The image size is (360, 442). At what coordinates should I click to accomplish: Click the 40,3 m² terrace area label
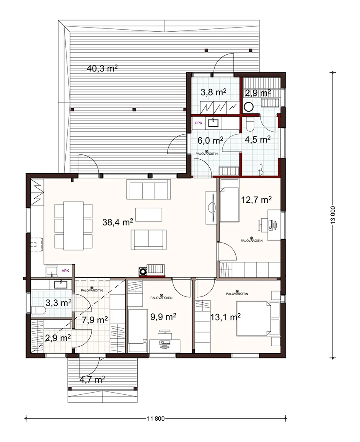tap(102, 68)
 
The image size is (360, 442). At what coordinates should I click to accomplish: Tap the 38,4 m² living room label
tap(118, 222)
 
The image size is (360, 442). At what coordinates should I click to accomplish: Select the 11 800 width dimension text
tap(156, 419)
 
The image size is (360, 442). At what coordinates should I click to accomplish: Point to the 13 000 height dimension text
tap(333, 215)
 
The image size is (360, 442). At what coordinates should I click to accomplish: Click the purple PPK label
tap(198, 123)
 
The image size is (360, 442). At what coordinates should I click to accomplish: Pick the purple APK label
tap(65, 271)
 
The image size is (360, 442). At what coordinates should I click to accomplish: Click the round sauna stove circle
tap(249, 107)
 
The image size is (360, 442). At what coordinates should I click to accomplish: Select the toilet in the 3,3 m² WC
tap(39, 310)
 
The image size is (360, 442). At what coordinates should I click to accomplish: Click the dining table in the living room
tap(73, 225)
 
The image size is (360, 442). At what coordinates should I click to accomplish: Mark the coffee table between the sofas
tap(149, 215)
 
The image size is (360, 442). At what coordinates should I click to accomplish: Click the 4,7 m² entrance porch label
tap(93, 380)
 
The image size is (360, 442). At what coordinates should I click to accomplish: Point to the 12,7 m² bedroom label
tap(257, 199)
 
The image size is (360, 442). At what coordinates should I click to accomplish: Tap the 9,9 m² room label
tap(163, 317)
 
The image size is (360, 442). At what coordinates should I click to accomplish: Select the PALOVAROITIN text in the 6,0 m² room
tap(207, 153)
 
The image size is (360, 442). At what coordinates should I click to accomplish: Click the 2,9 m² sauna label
tap(258, 93)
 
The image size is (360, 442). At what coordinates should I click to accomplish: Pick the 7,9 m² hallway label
tap(95, 320)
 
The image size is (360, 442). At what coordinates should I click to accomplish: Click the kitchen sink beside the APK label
tap(52, 271)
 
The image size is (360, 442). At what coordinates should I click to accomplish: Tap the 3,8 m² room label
tap(213, 92)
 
